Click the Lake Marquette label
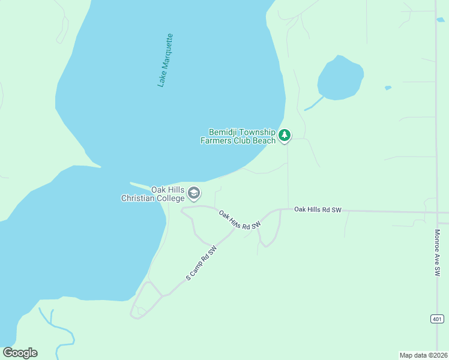(x=165, y=60)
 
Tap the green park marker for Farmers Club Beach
(x=285, y=136)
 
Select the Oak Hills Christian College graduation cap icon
(x=194, y=193)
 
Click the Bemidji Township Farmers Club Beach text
(x=238, y=136)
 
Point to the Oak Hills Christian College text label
(x=153, y=194)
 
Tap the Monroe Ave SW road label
(x=437, y=253)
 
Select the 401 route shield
(x=436, y=319)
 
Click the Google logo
(x=20, y=353)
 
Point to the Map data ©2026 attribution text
(x=423, y=355)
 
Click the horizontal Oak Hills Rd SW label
(x=318, y=210)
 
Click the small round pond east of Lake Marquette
(x=340, y=78)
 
